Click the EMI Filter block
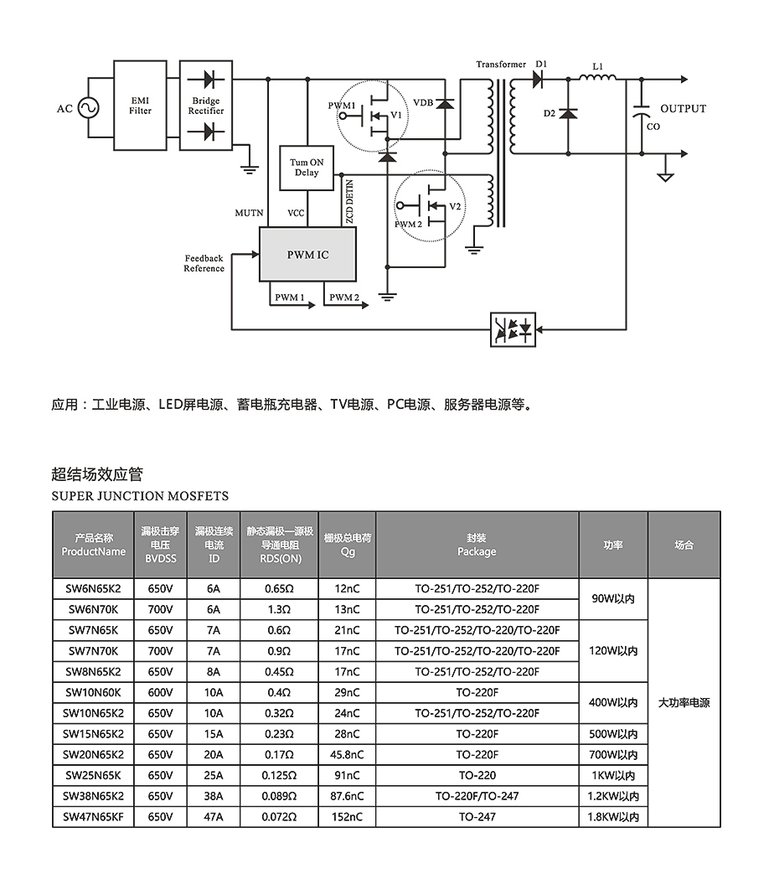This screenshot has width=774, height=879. [140, 105]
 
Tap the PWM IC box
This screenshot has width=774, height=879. [307, 254]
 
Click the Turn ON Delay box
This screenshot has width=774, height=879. [306, 167]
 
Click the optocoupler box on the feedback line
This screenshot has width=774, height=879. [513, 329]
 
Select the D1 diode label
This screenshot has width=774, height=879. [540, 64]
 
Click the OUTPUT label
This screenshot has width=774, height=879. [683, 109]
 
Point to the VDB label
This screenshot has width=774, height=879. [423, 102]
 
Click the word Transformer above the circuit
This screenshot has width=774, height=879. [501, 65]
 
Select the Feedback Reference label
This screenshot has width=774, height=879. [204, 263]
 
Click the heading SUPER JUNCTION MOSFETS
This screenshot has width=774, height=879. [140, 496]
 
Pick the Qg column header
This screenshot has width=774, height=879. [348, 545]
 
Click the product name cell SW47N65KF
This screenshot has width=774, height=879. [92, 816]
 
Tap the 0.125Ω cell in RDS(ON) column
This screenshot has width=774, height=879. [279, 775]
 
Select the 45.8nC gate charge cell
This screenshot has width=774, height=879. [348, 754]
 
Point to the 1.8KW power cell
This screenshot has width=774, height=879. [613, 816]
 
